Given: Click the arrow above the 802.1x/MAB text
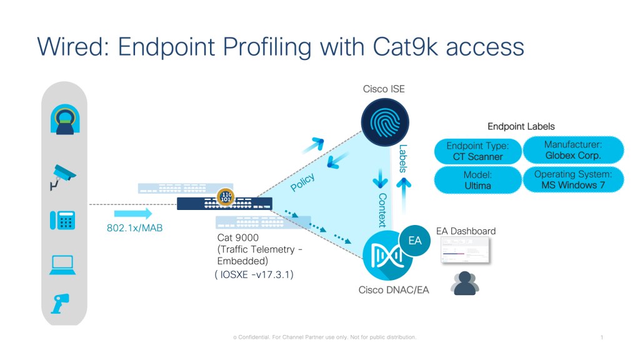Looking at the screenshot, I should [x=134, y=214].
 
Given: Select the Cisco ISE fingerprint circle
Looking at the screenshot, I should [x=384, y=122].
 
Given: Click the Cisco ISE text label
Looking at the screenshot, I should [x=384, y=89].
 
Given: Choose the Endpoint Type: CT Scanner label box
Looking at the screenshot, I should [x=477, y=151].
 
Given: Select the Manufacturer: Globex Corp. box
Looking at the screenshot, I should [x=572, y=149].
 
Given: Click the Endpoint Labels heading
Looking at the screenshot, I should [x=521, y=126].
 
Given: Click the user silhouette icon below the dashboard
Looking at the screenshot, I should [x=464, y=282].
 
